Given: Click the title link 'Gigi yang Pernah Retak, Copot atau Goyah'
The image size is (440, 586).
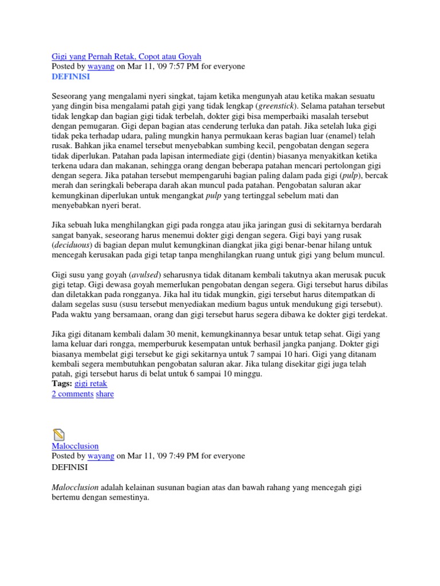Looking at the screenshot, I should coord(126,56).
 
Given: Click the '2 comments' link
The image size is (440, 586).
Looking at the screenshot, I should coord(72,394).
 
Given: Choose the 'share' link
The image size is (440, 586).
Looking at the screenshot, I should coord(105,394).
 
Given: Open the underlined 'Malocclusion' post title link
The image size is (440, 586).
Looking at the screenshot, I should coord(75,446).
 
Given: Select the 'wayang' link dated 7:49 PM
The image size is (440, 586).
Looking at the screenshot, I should coord(100,456).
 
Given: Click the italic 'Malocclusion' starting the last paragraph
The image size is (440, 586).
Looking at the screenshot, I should coord(75,487).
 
